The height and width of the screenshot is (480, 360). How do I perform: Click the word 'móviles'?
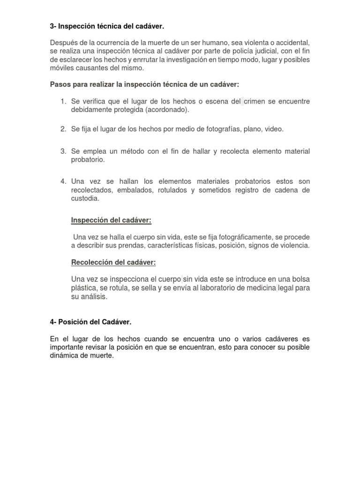click(x=62, y=68)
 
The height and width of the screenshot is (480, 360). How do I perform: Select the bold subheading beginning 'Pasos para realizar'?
click(x=144, y=84)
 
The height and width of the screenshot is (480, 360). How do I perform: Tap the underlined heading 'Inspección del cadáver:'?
click(x=111, y=220)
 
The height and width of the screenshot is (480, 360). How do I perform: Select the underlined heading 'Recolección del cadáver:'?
click(x=113, y=262)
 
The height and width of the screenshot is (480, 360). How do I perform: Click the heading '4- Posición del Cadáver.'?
click(x=90, y=322)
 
